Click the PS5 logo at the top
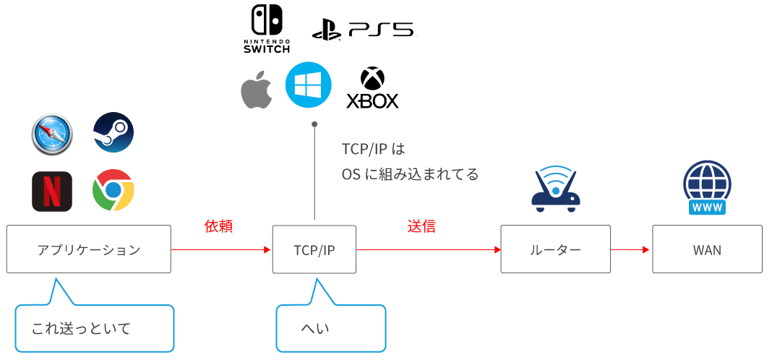pyautogui.click(x=364, y=31)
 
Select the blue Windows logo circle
pyautogui.click(x=309, y=86)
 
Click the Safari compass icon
pyautogui.click(x=52, y=134)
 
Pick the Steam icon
pyautogui.click(x=113, y=132)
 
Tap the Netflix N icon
pyautogui.click(x=52, y=192)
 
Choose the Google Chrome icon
pyautogui.click(x=113, y=191)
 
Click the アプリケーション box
pyautogui.click(x=89, y=249)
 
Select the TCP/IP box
pyautogui.click(x=314, y=249)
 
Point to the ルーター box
pyautogui.click(x=554, y=249)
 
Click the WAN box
pyautogui.click(x=707, y=249)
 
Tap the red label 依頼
pyautogui.click(x=218, y=226)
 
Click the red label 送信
pyautogui.click(x=421, y=226)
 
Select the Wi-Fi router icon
pyautogui.click(x=556, y=189)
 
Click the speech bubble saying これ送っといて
pyautogui.click(x=94, y=328)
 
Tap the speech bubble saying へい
pyautogui.click(x=330, y=328)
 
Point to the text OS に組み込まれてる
pyautogui.click(x=410, y=175)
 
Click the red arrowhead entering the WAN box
pyautogui.click(x=647, y=250)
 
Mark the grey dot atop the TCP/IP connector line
pyautogui.click(x=314, y=125)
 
